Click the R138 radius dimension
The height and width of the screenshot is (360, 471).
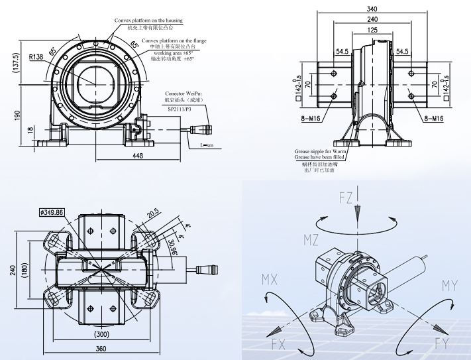point(35,57)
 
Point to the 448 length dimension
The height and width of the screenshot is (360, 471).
point(138,156)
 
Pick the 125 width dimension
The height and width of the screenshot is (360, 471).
point(372,30)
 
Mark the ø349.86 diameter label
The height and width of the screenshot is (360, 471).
point(52,212)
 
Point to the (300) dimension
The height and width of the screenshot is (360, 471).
point(101,335)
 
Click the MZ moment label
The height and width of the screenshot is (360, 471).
point(312,238)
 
